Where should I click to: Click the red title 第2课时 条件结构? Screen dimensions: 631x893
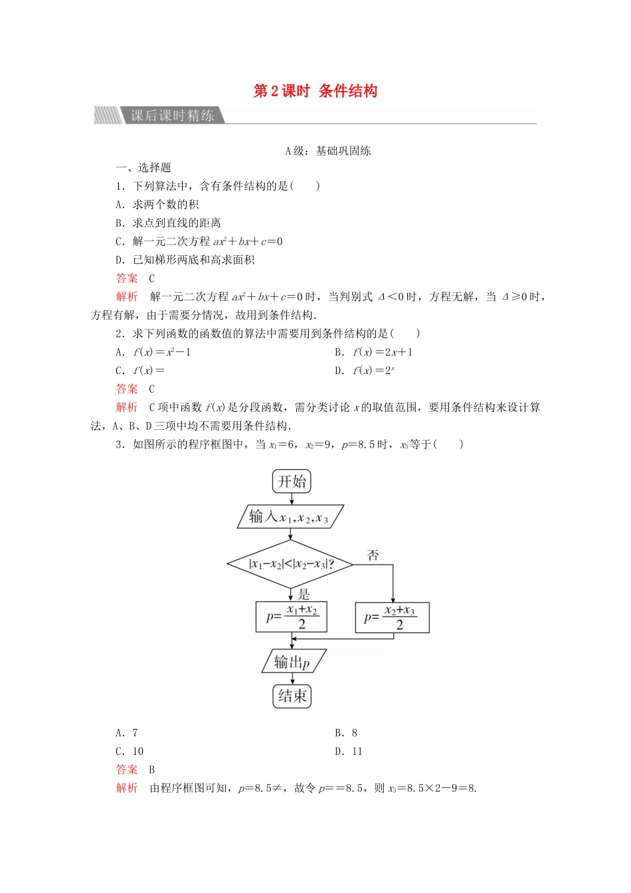[315, 91]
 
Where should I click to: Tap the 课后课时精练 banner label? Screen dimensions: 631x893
[172, 116]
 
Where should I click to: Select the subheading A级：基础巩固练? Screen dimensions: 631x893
[328, 151]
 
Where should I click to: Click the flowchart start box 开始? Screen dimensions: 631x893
[292, 482]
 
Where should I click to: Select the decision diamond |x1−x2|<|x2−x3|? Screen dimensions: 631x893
[291, 564]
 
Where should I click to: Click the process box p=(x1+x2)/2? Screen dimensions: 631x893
[292, 617]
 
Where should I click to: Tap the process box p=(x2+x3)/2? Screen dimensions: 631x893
[392, 618]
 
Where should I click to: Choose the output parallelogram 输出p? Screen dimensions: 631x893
[292, 662]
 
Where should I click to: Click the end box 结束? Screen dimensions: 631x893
[292, 696]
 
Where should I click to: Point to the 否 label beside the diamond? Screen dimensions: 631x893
[373, 555]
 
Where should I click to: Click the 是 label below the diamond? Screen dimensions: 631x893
[304, 593]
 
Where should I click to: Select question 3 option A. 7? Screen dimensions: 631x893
[127, 733]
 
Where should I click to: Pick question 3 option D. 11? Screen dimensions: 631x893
[349, 751]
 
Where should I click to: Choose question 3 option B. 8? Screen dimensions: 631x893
[346, 733]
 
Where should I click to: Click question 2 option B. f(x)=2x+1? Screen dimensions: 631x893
[374, 352]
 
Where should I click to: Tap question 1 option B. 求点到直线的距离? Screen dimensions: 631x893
[168, 223]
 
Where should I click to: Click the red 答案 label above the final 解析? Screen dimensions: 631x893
[127, 769]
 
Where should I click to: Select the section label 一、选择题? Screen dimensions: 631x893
[143, 168]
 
